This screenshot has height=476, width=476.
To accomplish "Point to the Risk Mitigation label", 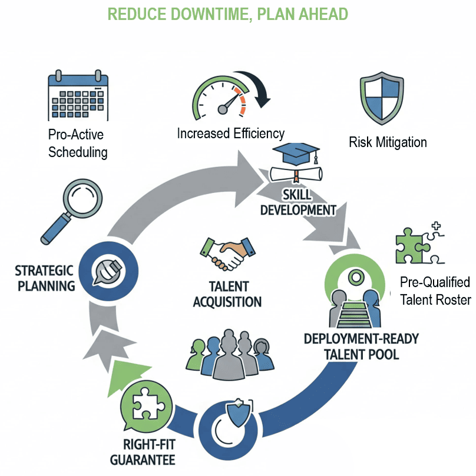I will click(x=388, y=142).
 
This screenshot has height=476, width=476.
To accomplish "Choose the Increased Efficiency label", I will click(x=230, y=134).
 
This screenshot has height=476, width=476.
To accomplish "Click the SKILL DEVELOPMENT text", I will click(x=298, y=202).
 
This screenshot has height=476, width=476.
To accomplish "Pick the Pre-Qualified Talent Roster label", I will click(x=435, y=291).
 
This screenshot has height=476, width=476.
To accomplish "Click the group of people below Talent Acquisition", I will click(x=227, y=352).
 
